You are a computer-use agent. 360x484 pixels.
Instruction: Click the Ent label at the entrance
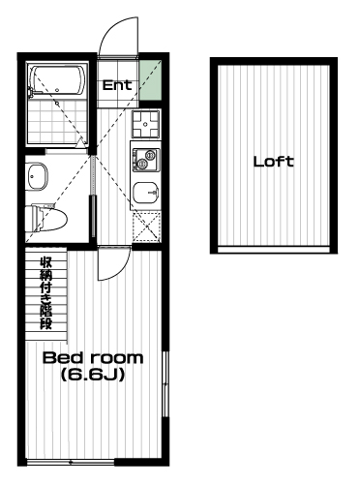coord(117,85)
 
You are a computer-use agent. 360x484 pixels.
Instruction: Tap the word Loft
coord(274,162)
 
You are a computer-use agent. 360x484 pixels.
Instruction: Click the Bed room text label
coord(93,358)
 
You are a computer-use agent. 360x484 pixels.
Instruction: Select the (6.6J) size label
coord(93,375)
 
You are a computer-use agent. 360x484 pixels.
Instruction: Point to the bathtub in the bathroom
coord(57,81)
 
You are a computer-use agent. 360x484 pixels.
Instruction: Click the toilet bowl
coord(46,219)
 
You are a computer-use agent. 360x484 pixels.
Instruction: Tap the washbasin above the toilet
coord(37,176)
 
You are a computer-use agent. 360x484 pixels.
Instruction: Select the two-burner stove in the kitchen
coord(146,160)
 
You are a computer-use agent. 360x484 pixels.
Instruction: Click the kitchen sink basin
coord(146,193)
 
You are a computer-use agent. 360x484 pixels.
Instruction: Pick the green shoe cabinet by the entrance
coord(150,79)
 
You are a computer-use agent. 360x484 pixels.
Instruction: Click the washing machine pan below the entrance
coord(145,124)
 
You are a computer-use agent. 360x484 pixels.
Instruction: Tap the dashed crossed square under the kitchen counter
coord(147,227)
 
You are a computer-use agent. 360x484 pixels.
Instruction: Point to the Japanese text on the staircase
coord(45,293)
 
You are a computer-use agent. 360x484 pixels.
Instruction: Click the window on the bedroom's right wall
coord(165,383)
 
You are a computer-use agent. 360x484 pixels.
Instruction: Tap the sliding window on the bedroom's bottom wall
coord(71,463)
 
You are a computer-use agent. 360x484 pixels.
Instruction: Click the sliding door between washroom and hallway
coord(94,197)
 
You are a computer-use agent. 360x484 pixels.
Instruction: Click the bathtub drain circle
coord(57,90)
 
